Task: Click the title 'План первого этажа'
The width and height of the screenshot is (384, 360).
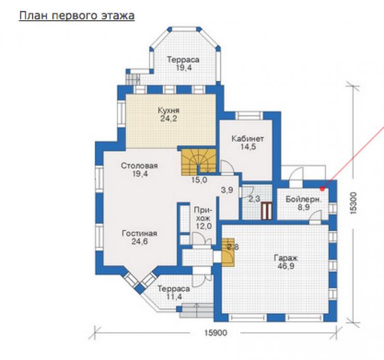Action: pos(77,16)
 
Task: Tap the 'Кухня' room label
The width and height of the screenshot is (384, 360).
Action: pos(169,110)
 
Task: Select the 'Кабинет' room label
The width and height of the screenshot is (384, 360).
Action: pos(248,139)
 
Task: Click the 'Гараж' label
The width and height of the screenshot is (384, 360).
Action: pos(285,259)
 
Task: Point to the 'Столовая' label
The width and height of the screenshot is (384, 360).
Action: pos(139,166)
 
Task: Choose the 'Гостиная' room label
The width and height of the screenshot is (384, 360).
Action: pos(140,233)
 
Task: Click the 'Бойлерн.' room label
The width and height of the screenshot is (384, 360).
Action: pos(303,199)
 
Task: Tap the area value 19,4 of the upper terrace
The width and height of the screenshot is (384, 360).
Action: pos(184,68)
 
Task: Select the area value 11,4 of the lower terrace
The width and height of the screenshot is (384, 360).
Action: pos(174,297)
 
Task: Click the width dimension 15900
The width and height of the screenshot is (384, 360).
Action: pos(216,333)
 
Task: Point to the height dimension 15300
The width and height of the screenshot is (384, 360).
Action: pos(353,203)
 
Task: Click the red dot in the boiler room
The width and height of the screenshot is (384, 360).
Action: pos(323,189)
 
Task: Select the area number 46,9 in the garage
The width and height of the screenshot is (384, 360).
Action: pos(286,266)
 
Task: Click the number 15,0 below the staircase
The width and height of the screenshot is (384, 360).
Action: pos(199,180)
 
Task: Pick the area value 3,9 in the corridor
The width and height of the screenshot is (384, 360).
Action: pos(227,190)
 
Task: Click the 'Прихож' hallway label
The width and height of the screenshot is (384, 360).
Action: pos(203,214)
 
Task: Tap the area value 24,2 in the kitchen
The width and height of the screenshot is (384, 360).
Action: pos(169,118)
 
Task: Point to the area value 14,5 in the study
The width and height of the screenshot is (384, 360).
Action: pos(248,147)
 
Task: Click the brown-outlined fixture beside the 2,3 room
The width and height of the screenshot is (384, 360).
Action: pos(266,211)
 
